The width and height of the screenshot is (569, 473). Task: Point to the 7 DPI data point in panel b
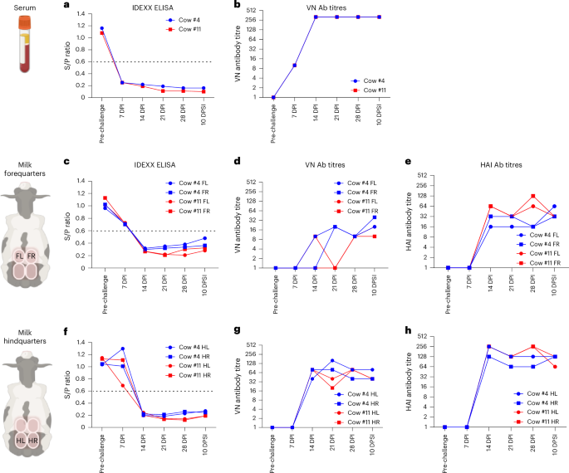pos(294,65)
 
